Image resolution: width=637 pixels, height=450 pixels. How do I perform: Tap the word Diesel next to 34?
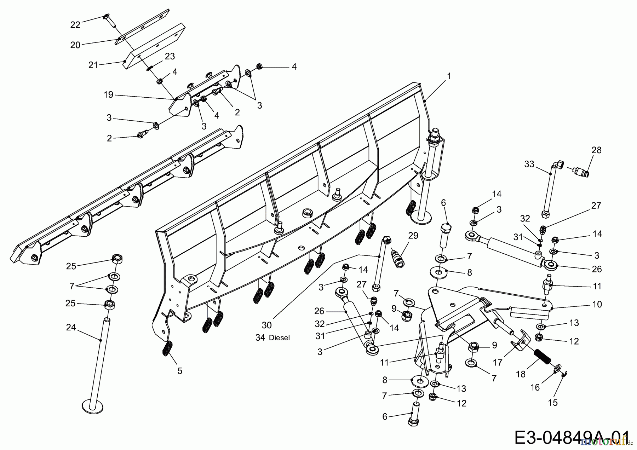(x=279, y=338)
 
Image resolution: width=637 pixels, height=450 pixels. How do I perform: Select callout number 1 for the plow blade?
(x=449, y=76)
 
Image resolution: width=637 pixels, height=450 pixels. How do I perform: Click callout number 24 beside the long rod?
(x=71, y=328)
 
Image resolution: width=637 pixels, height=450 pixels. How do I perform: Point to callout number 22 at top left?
(x=75, y=24)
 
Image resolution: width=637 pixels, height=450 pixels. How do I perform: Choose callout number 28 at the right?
(x=596, y=150)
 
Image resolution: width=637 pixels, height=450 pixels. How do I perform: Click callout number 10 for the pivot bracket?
(x=597, y=304)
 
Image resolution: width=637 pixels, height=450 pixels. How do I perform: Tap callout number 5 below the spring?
(x=180, y=371)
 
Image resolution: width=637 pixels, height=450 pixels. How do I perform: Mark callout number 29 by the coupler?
(x=413, y=236)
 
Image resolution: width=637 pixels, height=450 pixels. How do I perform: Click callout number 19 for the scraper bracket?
(x=108, y=94)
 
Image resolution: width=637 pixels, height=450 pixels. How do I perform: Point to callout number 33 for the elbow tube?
(x=529, y=164)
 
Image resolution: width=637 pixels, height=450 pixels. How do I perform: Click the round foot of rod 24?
(x=93, y=405)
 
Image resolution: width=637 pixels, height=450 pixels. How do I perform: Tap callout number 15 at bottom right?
(x=552, y=403)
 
